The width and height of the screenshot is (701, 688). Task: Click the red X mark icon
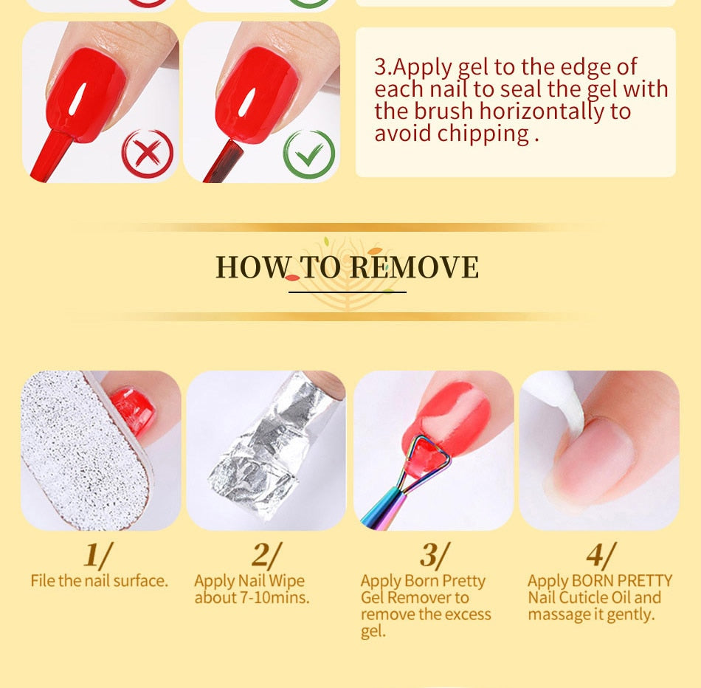tap(148, 154)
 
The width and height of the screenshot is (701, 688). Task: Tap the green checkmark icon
tap(309, 154)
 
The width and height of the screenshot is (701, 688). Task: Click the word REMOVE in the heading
tap(414, 267)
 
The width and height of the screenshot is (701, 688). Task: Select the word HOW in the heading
tap(252, 267)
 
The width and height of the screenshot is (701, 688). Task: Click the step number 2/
tap(266, 555)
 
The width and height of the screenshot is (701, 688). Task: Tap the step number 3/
tap(435, 555)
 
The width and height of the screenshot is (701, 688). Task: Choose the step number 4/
tap(601, 555)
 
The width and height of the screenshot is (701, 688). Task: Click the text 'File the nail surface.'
tap(100, 581)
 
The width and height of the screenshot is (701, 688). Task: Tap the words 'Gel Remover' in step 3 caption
tap(401, 598)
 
